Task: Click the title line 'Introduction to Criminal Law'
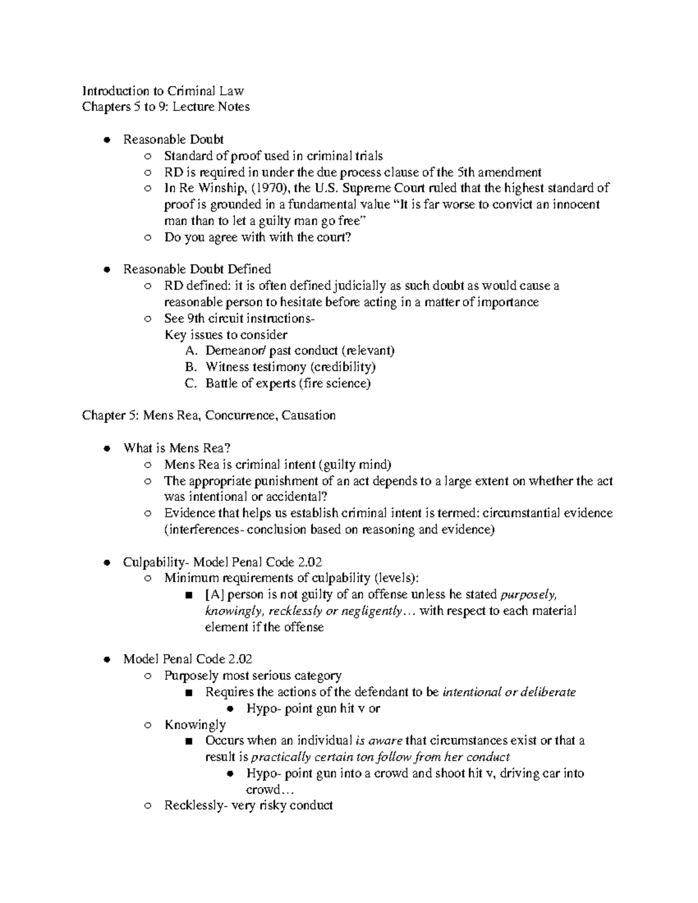pos(163,91)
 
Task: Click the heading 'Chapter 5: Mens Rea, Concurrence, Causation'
pos(209,416)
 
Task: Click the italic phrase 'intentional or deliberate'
pos(509,693)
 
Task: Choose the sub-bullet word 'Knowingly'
pos(195,725)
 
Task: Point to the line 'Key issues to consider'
pos(226,335)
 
